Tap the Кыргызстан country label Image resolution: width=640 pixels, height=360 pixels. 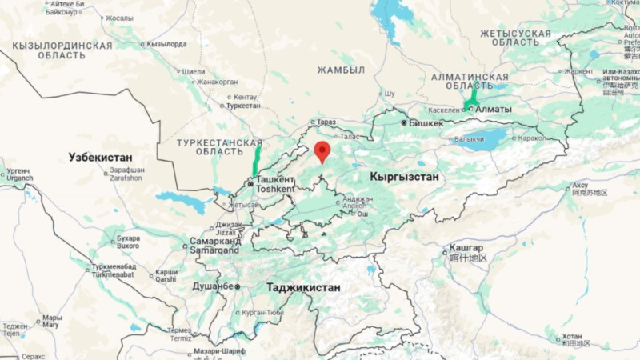(404, 176)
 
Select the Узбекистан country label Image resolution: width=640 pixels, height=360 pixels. (100, 157)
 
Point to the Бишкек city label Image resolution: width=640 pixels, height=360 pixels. (426, 123)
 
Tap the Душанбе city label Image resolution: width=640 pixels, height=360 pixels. (212, 286)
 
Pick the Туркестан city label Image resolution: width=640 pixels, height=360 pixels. (243, 105)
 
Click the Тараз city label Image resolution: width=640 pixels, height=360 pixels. (326, 122)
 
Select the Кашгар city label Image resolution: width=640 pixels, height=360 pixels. (466, 249)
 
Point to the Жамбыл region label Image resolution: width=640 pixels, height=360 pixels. (341, 70)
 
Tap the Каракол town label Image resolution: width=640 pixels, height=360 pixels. (532, 138)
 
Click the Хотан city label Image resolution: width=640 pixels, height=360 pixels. (572, 336)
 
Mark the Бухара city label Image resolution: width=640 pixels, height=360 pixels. (129, 238)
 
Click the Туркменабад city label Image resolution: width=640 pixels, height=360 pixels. (114, 266)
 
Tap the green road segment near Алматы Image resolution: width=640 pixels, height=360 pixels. (471, 98)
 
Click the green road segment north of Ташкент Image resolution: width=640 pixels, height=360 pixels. (257, 160)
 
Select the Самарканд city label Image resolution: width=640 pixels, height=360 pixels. (215, 240)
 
